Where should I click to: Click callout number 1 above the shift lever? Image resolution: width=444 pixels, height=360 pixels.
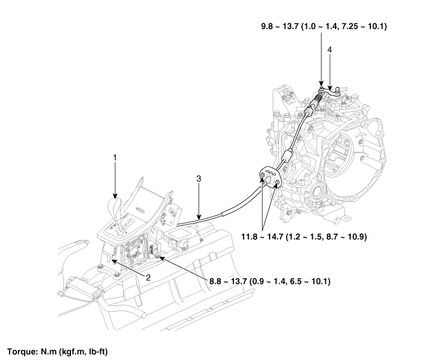pyautogui.click(x=115, y=157)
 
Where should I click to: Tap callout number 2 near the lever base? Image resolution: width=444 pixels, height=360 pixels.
pyautogui.click(x=148, y=277)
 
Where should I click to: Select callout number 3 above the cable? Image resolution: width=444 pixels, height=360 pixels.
pyautogui.click(x=199, y=178)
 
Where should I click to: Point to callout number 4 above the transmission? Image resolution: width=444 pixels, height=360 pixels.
pyautogui.click(x=329, y=50)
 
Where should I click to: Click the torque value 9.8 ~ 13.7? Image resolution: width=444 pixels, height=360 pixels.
pyautogui.click(x=280, y=27)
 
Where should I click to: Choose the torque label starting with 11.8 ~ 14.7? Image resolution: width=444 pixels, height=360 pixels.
pyautogui.click(x=304, y=237)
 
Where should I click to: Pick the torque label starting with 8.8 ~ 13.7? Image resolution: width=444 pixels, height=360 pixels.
pyautogui.click(x=270, y=281)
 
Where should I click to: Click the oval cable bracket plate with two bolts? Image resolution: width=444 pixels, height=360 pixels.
pyautogui.click(x=270, y=178)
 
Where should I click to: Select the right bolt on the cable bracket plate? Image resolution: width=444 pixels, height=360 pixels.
pyautogui.click(x=277, y=182)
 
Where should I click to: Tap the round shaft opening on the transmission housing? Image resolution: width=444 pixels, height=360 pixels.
pyautogui.click(x=317, y=194)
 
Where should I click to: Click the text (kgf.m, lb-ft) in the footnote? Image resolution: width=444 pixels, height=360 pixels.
pyautogui.click(x=84, y=352)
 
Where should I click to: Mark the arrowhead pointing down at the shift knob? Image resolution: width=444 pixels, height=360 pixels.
pyautogui.click(x=115, y=196)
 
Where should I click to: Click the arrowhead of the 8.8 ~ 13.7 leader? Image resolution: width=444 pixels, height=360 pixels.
pyautogui.click(x=161, y=258)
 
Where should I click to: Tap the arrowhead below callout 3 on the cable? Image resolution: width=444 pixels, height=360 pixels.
pyautogui.click(x=199, y=217)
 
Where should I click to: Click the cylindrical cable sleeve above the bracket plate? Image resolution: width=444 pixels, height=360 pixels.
pyautogui.click(x=287, y=156)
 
